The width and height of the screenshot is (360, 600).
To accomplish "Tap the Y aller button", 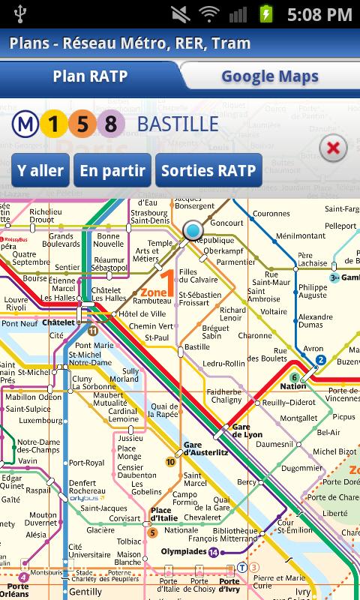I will [40, 170].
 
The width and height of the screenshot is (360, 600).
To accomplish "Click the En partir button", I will [112, 170].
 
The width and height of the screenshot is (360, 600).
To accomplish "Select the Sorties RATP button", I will [208, 170].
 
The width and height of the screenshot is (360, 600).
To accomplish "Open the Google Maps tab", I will [269, 76].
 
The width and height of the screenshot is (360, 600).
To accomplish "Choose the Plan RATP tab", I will [90, 76].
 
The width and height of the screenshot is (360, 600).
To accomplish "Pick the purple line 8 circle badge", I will [110, 124].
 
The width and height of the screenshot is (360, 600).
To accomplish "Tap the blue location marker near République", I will [193, 229].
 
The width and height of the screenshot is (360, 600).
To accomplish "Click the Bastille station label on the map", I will [196, 347].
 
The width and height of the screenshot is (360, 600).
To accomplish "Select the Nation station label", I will [293, 386].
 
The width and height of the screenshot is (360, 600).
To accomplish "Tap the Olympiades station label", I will [184, 552].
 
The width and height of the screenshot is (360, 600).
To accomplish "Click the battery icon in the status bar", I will [265, 13].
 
